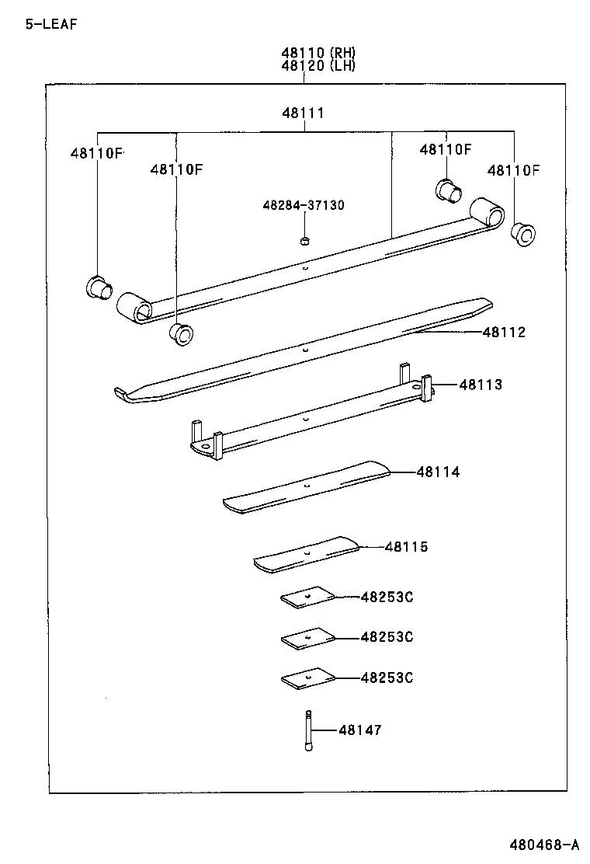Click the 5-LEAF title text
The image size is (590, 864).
click(51, 23)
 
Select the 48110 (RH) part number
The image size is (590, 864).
click(318, 53)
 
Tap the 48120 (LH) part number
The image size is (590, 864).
click(318, 66)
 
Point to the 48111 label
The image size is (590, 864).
click(303, 113)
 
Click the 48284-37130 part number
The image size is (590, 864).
click(304, 205)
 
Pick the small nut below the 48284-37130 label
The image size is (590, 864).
click(304, 239)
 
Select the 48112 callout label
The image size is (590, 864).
click(504, 333)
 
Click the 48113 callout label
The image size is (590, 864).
click(481, 385)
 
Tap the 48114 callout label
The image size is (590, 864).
click(438, 472)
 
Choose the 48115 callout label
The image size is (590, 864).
click(406, 547)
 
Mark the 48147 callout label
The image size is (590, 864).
click(359, 730)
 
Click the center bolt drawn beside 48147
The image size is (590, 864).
click(308, 731)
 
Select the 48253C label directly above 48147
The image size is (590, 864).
click(387, 678)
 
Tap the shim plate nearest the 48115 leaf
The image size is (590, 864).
click(307, 597)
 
